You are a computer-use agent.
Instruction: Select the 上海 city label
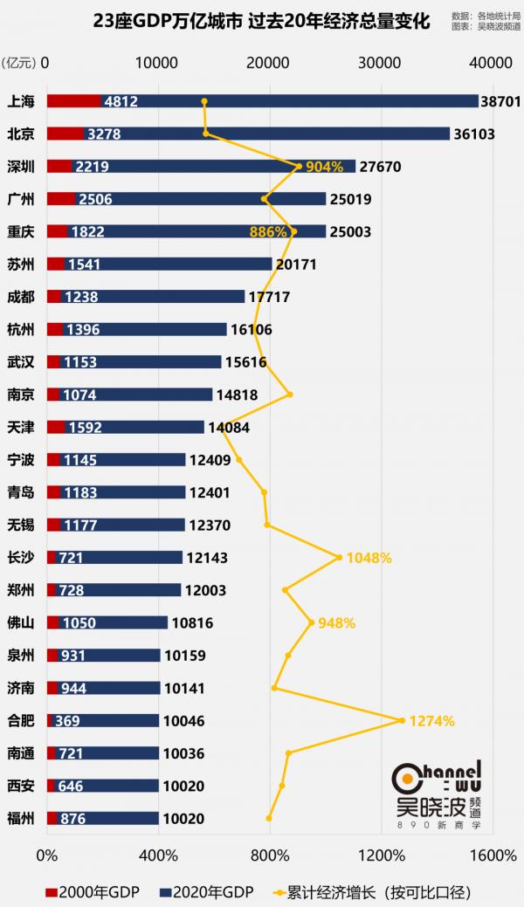20,101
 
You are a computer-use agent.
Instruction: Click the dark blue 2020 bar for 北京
279,134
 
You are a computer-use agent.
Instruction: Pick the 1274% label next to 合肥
432,721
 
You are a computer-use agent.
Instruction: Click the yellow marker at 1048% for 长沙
339,557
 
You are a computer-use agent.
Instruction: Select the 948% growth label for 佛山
336,623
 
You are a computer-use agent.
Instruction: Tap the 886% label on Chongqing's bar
267,232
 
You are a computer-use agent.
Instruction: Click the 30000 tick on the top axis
381,62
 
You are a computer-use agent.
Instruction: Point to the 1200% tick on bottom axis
381,853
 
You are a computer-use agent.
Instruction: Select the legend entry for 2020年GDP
207,891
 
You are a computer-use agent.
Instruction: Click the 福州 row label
20,818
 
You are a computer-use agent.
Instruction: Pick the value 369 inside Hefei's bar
69,721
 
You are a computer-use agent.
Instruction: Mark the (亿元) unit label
20,62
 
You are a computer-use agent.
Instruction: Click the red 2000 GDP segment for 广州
60,199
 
